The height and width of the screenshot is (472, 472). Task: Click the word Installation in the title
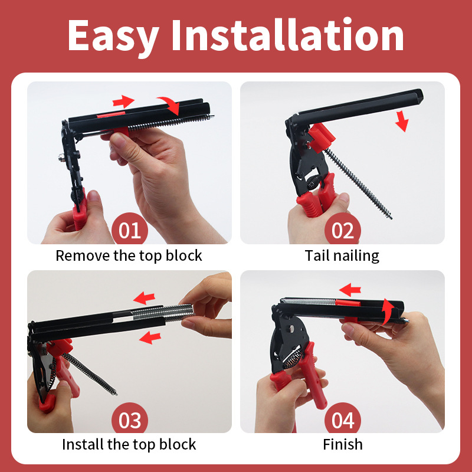tap(288, 34)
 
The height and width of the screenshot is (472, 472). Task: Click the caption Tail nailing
tap(342, 256)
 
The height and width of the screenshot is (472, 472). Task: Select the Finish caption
tap(343, 444)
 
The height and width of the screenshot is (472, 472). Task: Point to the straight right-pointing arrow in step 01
tap(123, 101)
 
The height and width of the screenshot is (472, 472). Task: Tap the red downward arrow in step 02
tap(402, 121)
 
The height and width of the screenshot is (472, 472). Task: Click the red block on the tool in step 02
tap(321, 137)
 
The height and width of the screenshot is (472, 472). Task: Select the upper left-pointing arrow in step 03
tap(144, 298)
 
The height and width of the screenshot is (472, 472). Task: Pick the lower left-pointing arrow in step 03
tap(150, 337)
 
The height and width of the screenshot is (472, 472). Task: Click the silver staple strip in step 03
tap(163, 313)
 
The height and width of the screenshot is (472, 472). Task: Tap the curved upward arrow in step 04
tap(388, 311)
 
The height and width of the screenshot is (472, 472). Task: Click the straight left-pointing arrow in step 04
tap(350, 290)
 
